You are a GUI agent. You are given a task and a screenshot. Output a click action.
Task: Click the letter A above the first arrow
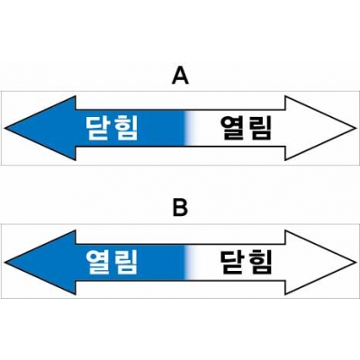point(180,76)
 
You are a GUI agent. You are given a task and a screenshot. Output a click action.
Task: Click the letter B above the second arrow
point(180,208)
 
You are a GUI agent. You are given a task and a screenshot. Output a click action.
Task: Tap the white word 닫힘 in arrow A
point(112,128)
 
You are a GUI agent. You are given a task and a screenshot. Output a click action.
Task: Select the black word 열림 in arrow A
point(246,128)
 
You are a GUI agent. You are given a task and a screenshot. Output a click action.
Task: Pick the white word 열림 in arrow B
point(112,263)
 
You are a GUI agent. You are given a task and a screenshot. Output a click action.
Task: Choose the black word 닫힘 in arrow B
point(246,263)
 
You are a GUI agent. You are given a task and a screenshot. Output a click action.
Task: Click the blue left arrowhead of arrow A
point(42,128)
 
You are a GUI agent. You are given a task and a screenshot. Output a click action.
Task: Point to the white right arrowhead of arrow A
point(319,128)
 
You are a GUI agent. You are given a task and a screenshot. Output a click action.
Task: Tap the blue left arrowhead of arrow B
point(42,263)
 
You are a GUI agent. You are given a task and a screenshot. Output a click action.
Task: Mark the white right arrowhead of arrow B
point(319,263)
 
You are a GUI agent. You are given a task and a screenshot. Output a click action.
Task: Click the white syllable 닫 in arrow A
point(98,128)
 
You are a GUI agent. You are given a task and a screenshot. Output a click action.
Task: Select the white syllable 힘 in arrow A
point(126,128)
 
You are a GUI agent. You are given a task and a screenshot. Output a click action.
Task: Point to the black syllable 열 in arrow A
point(232,128)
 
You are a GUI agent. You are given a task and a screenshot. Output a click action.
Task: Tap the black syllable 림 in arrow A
point(260,128)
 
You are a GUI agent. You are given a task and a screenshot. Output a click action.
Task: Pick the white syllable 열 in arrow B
point(98,263)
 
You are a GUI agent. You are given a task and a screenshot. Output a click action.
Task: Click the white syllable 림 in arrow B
point(126,263)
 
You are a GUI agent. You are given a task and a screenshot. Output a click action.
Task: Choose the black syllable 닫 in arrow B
point(232,263)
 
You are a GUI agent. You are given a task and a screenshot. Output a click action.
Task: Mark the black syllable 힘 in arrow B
point(260,263)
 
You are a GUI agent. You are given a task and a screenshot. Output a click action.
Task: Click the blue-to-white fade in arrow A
point(190,128)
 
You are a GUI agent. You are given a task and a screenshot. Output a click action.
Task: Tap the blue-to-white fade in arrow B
point(190,263)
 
